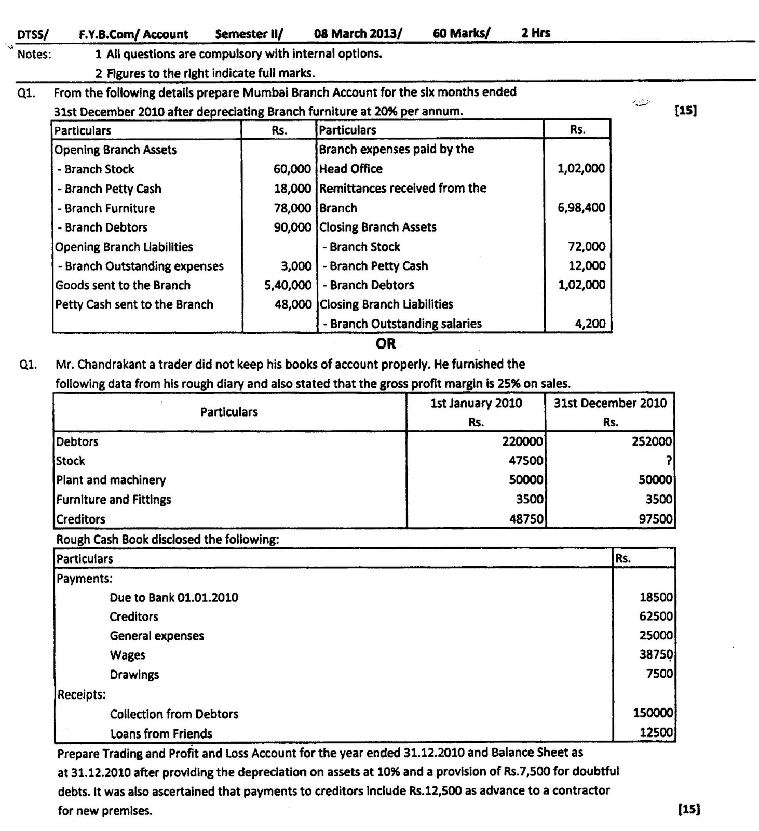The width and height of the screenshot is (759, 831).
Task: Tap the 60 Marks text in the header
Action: [461, 33]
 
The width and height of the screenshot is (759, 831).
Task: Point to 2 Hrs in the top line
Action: [536, 33]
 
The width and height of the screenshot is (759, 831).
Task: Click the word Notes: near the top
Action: [34, 54]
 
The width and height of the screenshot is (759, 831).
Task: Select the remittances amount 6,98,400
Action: [581, 208]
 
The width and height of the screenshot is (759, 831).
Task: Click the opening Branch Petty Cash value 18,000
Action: [292, 189]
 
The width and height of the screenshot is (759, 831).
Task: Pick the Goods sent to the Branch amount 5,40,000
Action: [288, 285]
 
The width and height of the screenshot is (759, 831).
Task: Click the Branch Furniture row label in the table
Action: [106, 208]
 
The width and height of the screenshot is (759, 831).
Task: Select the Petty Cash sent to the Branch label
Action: [134, 304]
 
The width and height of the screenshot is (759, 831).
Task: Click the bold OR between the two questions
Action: [385, 344]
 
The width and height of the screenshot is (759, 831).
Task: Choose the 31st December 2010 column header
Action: [610, 404]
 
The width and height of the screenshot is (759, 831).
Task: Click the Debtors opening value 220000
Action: [522, 441]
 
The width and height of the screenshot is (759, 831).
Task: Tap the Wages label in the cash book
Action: [127, 655]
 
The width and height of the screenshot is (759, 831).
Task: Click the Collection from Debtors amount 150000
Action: [653, 713]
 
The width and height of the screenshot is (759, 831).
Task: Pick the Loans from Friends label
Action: [161, 734]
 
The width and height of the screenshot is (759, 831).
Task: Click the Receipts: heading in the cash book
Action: [82, 694]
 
